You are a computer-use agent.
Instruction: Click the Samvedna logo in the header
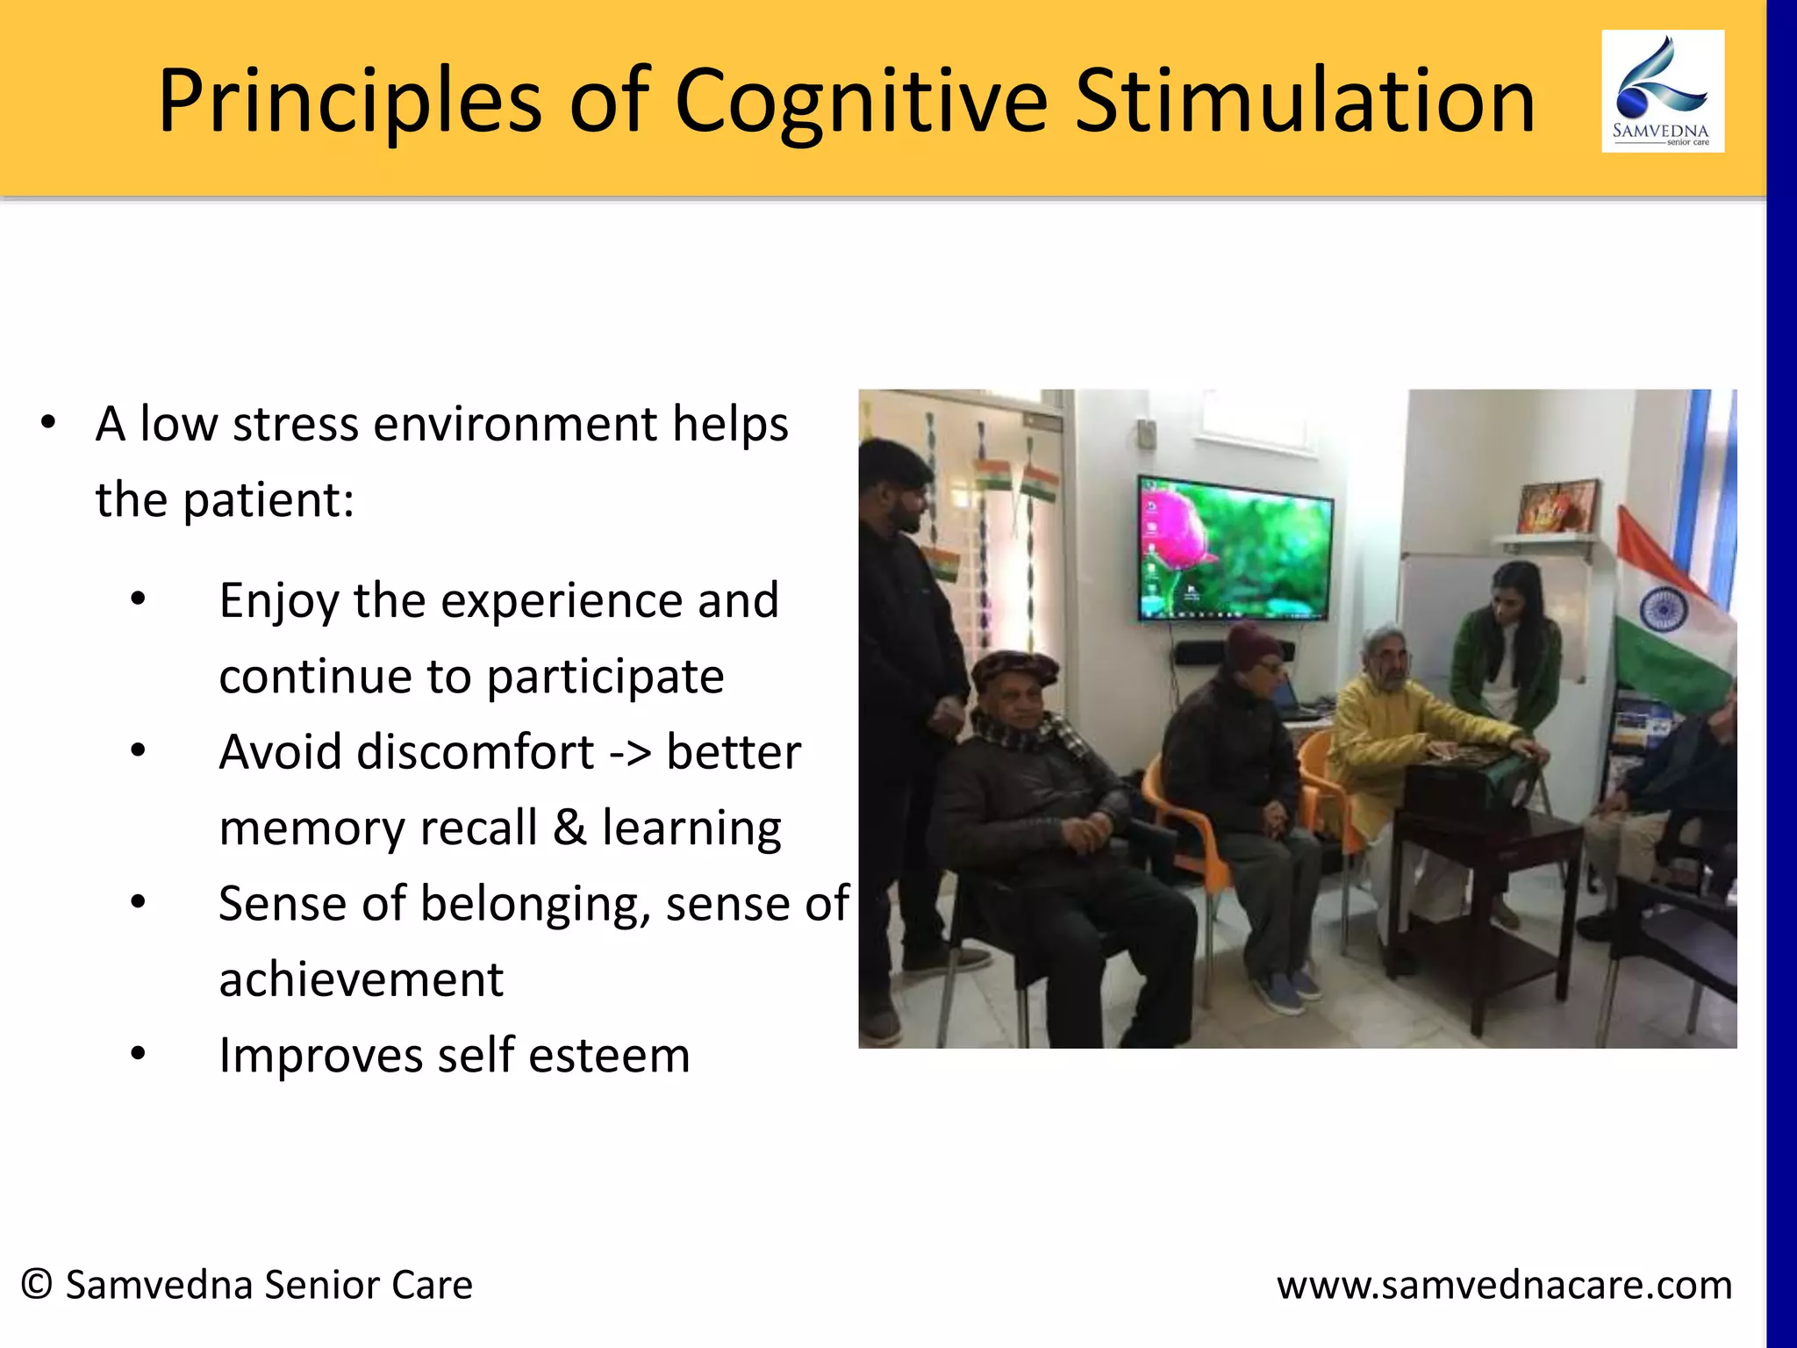1662,91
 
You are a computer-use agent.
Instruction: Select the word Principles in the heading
349,104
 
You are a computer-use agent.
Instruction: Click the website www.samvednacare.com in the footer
1504,1285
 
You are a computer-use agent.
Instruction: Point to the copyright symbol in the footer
37,1285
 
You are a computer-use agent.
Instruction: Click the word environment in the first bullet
515,425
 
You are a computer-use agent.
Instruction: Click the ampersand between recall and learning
569,828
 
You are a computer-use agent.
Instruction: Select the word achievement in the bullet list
361,979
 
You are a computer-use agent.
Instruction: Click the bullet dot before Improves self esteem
138,1053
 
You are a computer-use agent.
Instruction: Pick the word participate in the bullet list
605,677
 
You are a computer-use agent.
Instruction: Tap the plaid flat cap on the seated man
1015,671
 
